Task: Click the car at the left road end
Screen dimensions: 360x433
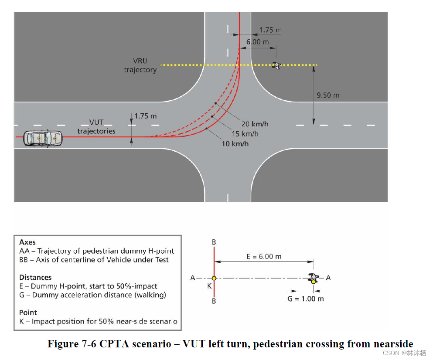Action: click(x=43, y=138)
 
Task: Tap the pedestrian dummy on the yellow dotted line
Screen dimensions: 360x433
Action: click(x=276, y=65)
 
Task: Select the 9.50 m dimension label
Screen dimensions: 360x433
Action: click(x=327, y=95)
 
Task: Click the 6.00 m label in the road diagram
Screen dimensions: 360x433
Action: click(x=257, y=42)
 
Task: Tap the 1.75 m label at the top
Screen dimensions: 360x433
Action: click(x=270, y=31)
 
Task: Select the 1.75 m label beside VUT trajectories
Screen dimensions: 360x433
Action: click(x=145, y=116)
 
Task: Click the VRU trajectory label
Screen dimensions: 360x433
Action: click(x=140, y=65)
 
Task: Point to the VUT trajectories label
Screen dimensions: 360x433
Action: click(x=96, y=127)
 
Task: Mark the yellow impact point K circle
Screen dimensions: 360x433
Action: click(x=214, y=278)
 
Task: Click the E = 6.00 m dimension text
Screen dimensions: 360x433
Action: click(x=264, y=256)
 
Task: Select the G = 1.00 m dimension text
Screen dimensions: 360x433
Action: click(x=306, y=299)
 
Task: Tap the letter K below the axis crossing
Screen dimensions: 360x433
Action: click(x=209, y=286)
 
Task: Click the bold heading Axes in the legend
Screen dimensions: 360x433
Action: click(x=27, y=242)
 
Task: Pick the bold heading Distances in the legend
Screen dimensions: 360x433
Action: click(x=35, y=277)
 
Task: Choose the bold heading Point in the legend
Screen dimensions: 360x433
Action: click(x=28, y=312)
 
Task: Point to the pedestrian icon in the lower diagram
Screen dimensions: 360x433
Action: click(x=313, y=278)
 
